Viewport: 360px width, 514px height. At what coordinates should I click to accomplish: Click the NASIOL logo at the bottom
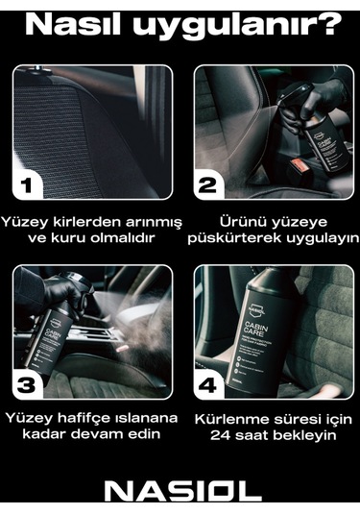[x=181, y=491]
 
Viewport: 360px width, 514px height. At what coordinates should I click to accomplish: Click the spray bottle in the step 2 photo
[x=316, y=130]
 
